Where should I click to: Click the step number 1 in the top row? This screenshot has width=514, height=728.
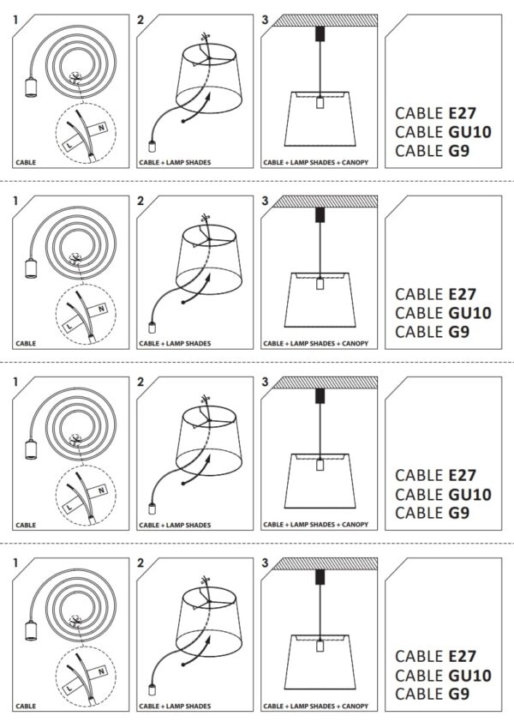(x=15, y=20)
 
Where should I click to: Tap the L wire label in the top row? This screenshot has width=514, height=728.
(x=69, y=145)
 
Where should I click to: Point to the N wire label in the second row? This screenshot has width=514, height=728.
(x=101, y=309)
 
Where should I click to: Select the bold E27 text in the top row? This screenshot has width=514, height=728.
(x=463, y=113)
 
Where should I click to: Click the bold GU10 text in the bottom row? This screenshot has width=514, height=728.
(x=470, y=675)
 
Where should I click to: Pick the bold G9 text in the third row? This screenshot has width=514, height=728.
(x=459, y=513)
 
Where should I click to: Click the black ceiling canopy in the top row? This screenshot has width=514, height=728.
(x=320, y=33)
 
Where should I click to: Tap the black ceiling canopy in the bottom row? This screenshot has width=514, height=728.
(x=320, y=577)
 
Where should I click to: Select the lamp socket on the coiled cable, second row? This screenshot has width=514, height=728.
(x=31, y=269)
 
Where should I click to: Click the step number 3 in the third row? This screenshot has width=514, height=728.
(x=265, y=382)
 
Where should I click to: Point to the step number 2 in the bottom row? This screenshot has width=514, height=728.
(x=140, y=563)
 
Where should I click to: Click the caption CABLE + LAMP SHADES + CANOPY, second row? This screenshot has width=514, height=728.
(x=315, y=344)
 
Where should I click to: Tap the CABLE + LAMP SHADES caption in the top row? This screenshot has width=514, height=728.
(x=175, y=163)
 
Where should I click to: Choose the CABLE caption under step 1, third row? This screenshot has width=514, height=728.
(x=26, y=525)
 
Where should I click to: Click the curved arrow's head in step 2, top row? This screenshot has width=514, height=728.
(x=209, y=97)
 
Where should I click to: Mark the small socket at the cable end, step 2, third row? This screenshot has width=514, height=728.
(x=152, y=508)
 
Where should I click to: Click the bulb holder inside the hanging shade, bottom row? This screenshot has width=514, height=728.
(x=320, y=646)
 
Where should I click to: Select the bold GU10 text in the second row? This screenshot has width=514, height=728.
(x=470, y=313)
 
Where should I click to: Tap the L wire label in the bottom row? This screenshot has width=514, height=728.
(x=69, y=689)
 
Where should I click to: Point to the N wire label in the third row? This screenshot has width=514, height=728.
(x=101, y=490)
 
